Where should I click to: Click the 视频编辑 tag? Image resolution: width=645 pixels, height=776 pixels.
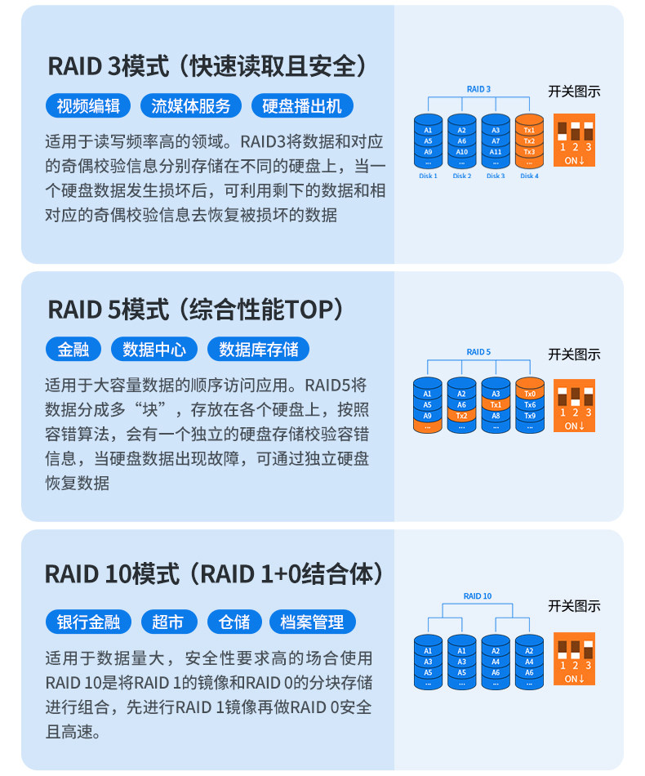click(x=88, y=105)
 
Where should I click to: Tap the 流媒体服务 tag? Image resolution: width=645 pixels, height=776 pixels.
click(x=191, y=105)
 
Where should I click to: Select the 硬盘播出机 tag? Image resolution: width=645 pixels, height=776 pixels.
click(x=301, y=105)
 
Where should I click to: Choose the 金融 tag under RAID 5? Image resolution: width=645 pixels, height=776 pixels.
click(x=73, y=350)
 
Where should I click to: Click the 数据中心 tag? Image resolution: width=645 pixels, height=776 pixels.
click(x=154, y=350)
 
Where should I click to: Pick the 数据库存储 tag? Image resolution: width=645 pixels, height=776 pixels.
click(x=259, y=350)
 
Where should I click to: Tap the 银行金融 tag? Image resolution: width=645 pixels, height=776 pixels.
click(x=88, y=622)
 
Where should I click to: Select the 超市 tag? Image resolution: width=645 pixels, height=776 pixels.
click(x=168, y=622)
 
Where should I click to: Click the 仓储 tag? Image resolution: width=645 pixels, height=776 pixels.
click(x=234, y=622)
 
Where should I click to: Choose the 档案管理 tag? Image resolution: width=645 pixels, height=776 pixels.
click(x=312, y=622)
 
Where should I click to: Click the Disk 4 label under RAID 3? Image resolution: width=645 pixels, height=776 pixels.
click(x=529, y=176)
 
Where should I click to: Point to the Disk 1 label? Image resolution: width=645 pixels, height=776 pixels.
click(x=428, y=176)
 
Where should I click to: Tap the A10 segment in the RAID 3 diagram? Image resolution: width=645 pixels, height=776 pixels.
click(x=462, y=152)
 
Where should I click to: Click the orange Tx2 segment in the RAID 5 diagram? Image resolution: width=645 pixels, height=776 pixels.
click(x=462, y=415)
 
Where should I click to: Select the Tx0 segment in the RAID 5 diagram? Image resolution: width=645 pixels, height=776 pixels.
click(x=529, y=393)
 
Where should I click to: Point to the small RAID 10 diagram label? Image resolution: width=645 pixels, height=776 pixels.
click(x=478, y=596)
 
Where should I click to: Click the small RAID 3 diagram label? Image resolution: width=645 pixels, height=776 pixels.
click(x=478, y=88)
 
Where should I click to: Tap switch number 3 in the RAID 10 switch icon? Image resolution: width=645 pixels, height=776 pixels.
click(x=588, y=666)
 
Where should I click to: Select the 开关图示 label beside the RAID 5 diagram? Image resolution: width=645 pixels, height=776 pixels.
click(x=574, y=355)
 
